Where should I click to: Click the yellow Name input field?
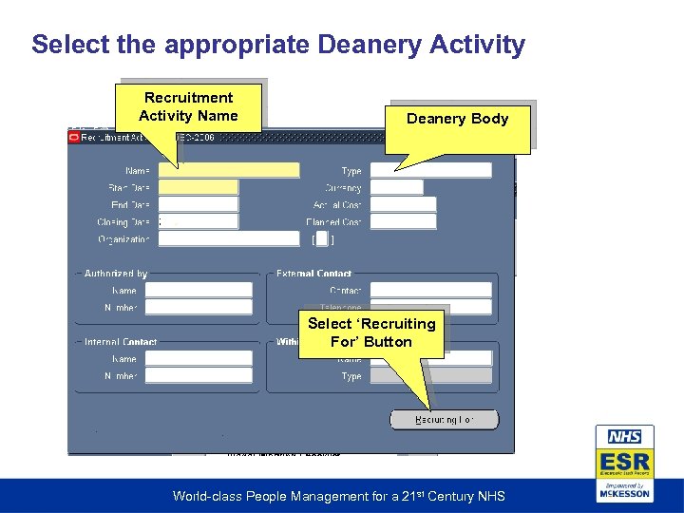click(x=229, y=171)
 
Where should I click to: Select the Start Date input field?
click(x=198, y=188)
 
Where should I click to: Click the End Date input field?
click(x=198, y=205)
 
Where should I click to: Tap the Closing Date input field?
click(x=198, y=221)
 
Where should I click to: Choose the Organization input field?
click(x=228, y=239)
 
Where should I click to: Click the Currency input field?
click(x=396, y=188)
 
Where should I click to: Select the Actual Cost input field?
click(x=403, y=205)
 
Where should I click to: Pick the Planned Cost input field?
click(x=403, y=222)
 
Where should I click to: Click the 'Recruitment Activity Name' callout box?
click(x=188, y=106)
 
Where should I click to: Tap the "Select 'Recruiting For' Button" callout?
click(x=370, y=332)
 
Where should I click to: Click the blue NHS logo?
click(x=624, y=437)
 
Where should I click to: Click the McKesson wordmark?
click(x=624, y=493)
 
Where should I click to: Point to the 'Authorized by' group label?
click(x=116, y=274)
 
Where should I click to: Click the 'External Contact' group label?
click(x=313, y=274)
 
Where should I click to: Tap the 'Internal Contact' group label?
click(x=121, y=342)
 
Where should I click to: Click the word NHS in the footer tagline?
click(x=489, y=496)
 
